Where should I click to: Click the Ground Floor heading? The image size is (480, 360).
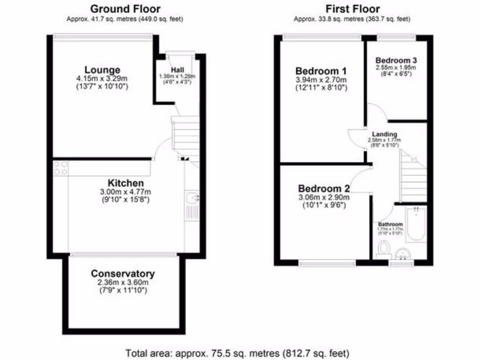tap(125, 8)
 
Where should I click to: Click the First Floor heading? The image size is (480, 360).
tap(352, 8)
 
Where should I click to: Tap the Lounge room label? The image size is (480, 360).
tap(102, 70)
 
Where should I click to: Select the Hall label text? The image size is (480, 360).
tap(177, 70)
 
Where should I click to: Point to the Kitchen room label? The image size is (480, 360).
tap(126, 183)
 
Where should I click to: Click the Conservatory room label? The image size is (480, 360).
tap(123, 274)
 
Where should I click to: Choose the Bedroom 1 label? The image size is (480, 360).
tap(321, 71)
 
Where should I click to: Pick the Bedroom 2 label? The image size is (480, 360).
tap(324, 188)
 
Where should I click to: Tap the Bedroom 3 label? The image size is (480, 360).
tap(397, 60)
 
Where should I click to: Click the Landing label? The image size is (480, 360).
tap(384, 134)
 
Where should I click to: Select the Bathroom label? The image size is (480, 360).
tap(390, 224)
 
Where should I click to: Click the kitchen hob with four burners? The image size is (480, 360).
tap(60, 168)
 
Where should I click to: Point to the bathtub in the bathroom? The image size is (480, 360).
tap(415, 225)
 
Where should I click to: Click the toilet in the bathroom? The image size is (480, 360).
tap(384, 247)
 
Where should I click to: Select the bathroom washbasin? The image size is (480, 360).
tap(403, 254)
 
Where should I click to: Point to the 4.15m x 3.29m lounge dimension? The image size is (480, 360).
tap(102, 78)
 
